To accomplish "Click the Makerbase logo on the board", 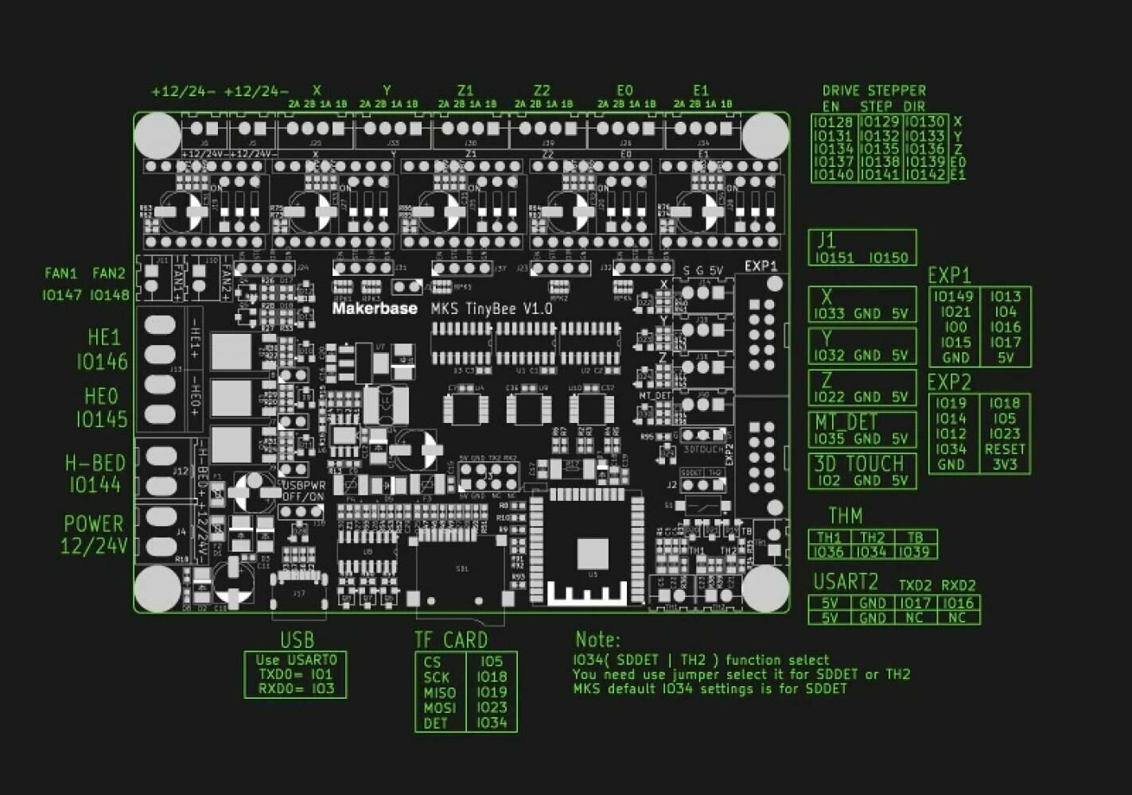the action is click(x=374, y=308).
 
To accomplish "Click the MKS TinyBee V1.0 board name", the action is click(x=492, y=308).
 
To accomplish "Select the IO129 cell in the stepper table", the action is click(x=880, y=122).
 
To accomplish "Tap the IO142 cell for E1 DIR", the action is click(x=925, y=175).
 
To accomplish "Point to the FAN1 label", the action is click(x=61, y=273).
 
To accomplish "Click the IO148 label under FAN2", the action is click(x=109, y=295).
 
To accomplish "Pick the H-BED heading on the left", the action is click(x=95, y=463).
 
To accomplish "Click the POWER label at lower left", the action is click(x=94, y=524).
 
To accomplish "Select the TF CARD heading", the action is click(x=451, y=640).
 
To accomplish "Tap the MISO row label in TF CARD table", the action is click(x=440, y=692).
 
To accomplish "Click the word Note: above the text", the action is click(x=597, y=639).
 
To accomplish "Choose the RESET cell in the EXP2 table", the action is click(x=1005, y=449).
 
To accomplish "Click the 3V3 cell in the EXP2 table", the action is click(x=1005, y=464).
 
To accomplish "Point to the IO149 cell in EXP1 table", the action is click(x=954, y=297).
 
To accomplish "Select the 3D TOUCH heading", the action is click(x=859, y=463).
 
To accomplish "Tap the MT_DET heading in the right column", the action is click(x=845, y=421).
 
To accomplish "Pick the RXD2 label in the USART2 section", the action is click(x=959, y=585).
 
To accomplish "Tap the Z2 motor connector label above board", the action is click(x=543, y=91).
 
